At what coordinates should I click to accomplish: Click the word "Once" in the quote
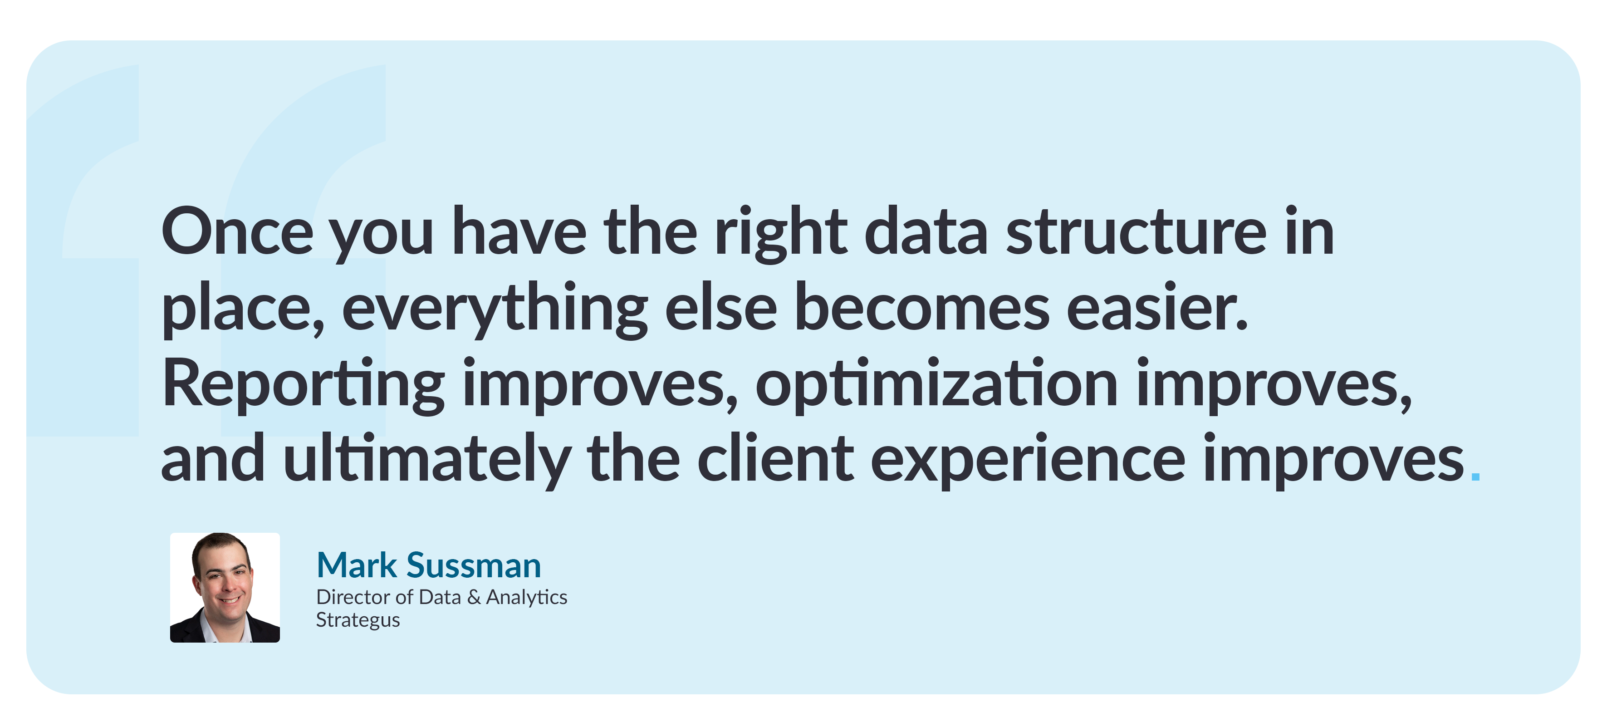coord(237,232)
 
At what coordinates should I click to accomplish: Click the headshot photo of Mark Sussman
coord(225,587)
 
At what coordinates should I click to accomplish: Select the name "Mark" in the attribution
coord(356,565)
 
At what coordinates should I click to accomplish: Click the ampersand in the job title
coord(474,597)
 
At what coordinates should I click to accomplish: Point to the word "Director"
coord(354,597)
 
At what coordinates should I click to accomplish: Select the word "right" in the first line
coord(780,232)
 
